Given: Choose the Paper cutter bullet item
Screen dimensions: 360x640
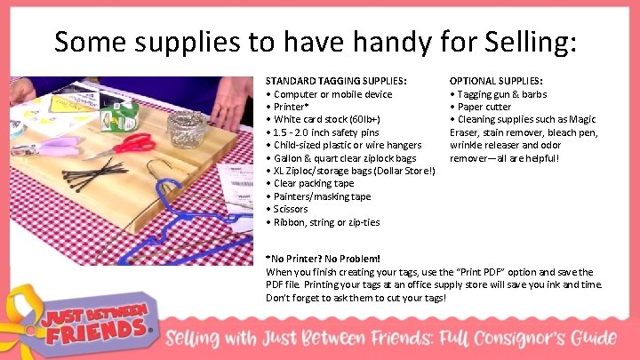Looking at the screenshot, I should tap(484, 107).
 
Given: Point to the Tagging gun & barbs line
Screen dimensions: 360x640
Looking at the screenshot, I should tap(501, 94).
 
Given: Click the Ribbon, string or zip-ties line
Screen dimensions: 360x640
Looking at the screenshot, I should tap(325, 222).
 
